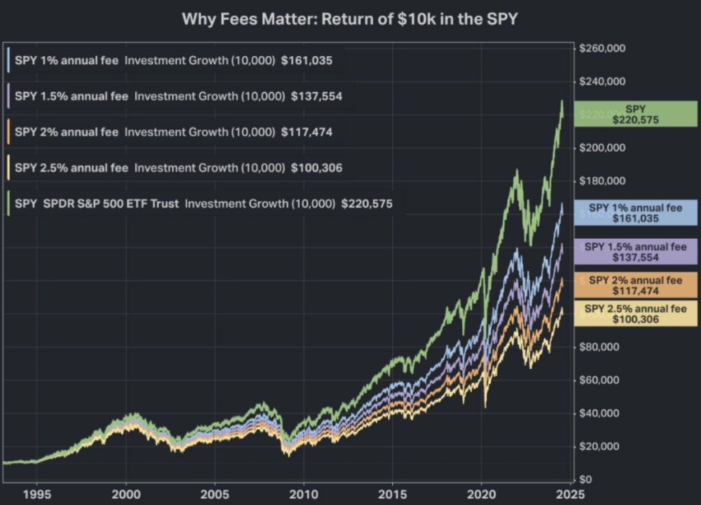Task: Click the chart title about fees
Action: (349, 18)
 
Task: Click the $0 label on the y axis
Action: (585, 479)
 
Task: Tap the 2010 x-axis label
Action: (303, 494)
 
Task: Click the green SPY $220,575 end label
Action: (635, 114)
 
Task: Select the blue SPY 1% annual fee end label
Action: (635, 213)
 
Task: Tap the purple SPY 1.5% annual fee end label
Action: (635, 252)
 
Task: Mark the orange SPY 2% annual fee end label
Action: (635, 285)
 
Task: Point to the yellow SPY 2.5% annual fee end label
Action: (635, 314)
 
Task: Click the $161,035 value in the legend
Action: (306, 60)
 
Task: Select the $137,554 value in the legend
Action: (316, 96)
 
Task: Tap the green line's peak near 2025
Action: (562, 101)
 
